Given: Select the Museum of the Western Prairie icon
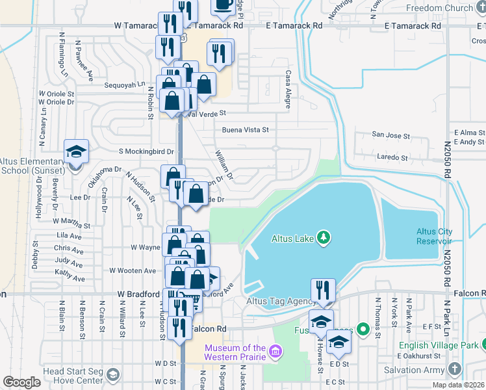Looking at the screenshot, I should (275, 352).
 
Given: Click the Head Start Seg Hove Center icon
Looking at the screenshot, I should (113, 375).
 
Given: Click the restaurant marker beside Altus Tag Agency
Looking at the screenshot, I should (324, 290).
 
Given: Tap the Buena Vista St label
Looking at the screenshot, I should (246, 130).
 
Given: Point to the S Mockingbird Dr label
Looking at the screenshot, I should (146, 151).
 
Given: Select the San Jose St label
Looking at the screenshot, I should (390, 136).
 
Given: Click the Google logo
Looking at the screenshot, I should (21, 382).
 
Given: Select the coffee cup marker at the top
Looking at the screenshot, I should (224, 5).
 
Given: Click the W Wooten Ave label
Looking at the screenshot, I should (133, 270).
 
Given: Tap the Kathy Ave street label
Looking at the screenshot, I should (70, 278).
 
